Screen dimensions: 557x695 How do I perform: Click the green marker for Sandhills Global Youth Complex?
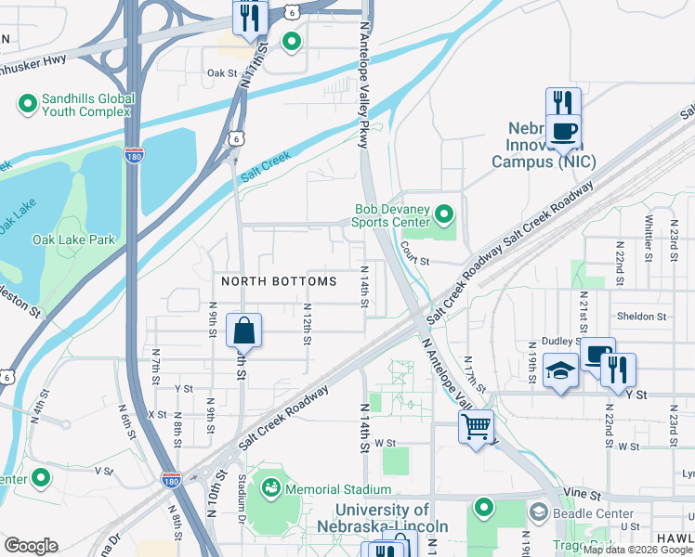25,103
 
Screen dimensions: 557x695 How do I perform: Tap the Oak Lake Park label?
73,240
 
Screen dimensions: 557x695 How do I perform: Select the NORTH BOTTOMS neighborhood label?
278,280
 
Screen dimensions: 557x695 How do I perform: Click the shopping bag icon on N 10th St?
243,330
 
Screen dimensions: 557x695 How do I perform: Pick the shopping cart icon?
476,428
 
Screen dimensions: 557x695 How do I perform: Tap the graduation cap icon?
560,371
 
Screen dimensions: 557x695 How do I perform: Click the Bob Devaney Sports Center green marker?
444,216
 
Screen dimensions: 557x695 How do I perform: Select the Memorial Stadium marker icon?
271,486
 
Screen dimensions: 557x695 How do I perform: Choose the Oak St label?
223,72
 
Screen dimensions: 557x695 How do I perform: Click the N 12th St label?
306,323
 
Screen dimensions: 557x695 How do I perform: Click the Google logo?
31,545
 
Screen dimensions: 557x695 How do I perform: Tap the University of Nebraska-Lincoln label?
382,518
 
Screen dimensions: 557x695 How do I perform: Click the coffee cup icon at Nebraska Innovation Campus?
563,133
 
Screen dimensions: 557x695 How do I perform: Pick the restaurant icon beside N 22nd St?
618,369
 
